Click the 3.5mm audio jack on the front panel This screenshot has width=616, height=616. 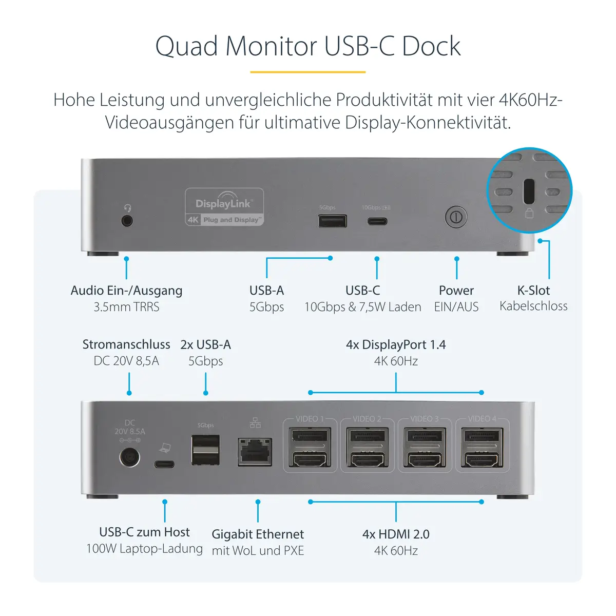127,221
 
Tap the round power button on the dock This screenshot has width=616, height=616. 456,217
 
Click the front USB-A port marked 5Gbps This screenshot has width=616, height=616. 332,221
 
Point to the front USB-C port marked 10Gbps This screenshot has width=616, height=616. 377,222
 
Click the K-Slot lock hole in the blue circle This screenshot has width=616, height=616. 529,191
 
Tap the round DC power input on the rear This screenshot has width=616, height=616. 129,457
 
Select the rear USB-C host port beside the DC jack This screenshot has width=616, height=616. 164,465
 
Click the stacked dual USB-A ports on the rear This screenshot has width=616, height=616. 205,450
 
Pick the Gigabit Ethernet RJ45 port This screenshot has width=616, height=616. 255,452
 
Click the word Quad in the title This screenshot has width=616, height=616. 187,47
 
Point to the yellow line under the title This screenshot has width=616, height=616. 307,72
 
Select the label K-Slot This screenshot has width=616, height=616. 533,291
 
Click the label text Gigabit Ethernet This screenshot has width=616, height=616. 258,534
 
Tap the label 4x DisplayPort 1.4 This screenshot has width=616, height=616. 396,345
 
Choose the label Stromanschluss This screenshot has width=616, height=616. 126,344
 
